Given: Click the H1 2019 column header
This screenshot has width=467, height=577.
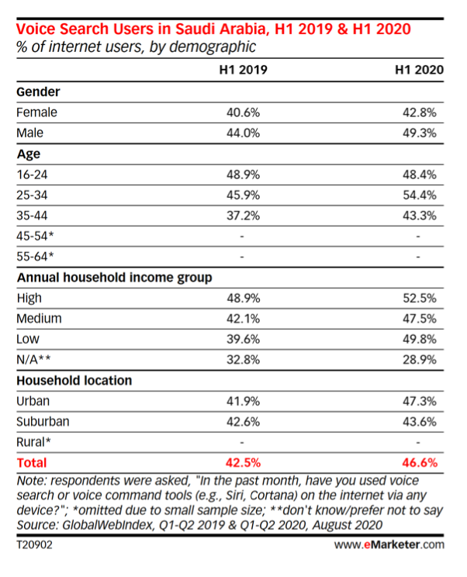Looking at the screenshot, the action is [244, 70].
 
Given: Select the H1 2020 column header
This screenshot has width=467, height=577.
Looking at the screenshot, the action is [419, 70].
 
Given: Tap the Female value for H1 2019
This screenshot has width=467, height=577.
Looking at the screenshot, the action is [244, 112].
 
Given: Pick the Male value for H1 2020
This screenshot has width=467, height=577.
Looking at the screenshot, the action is [420, 133].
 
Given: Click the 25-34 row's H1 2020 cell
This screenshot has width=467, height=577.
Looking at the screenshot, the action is [420, 195].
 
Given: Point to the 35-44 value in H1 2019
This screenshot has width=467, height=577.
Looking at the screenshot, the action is [244, 216].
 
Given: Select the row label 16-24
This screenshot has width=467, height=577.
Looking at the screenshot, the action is [32, 174].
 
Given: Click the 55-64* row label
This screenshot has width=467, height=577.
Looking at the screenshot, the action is [35, 257].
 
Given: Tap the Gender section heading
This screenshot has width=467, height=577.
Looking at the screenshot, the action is [38, 92].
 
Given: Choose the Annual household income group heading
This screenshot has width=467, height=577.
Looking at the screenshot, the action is [115, 278].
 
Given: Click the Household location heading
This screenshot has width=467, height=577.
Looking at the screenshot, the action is [74, 381].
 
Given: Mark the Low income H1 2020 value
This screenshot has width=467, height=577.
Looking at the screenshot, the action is [420, 339].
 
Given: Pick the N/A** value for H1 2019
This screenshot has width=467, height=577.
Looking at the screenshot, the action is [244, 360].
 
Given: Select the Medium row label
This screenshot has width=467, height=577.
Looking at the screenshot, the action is [39, 318].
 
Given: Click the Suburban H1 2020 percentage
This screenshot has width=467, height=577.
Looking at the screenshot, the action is [420, 421].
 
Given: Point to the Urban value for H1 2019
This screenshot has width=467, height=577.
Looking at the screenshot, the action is [244, 401].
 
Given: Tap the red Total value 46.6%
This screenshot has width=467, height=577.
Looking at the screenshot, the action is [420, 462].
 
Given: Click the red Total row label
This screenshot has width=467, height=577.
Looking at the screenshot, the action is [32, 462].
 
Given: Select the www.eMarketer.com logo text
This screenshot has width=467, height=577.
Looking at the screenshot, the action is [389, 544].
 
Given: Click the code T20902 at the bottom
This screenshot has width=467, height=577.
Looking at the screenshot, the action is [35, 544].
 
